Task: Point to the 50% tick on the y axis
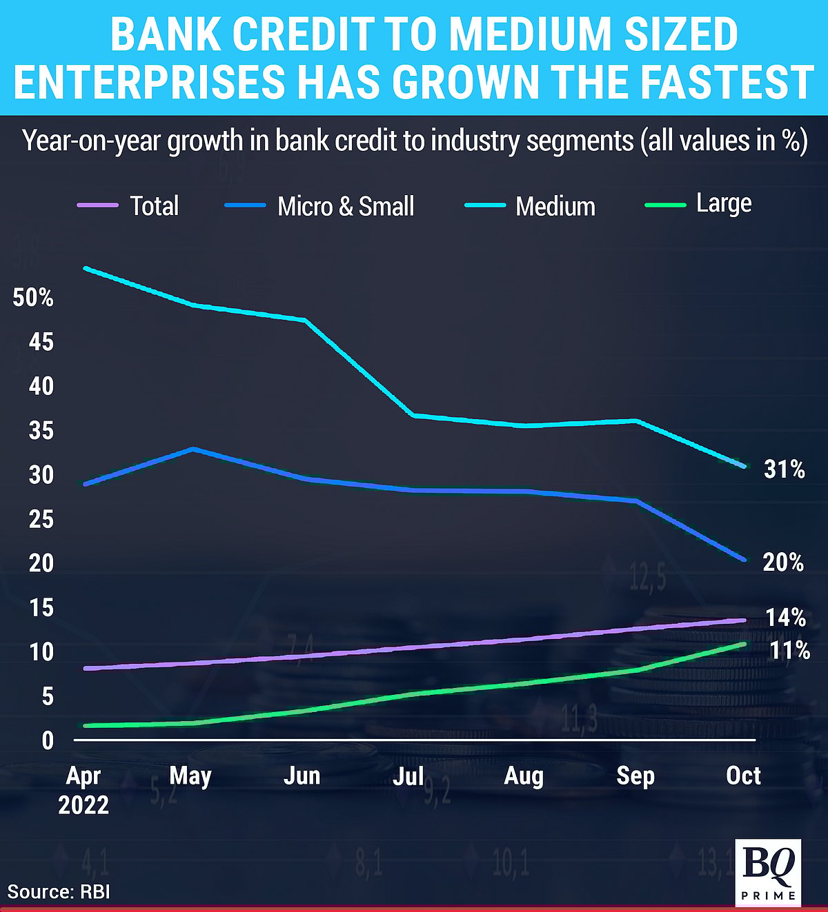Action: [33, 298]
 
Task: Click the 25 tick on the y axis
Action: [41, 519]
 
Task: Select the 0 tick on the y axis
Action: [47, 741]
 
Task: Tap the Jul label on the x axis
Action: [408, 776]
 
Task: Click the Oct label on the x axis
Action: [743, 776]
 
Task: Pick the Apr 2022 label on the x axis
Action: [83, 790]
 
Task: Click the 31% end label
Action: [784, 469]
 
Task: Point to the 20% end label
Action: [783, 563]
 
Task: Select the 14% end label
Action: [785, 618]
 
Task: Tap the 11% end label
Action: [789, 650]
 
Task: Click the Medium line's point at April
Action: [85, 268]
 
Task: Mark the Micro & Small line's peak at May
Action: [194, 449]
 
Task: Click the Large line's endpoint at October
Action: [743, 644]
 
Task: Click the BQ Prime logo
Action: [769, 871]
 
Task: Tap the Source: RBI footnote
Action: [59, 891]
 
